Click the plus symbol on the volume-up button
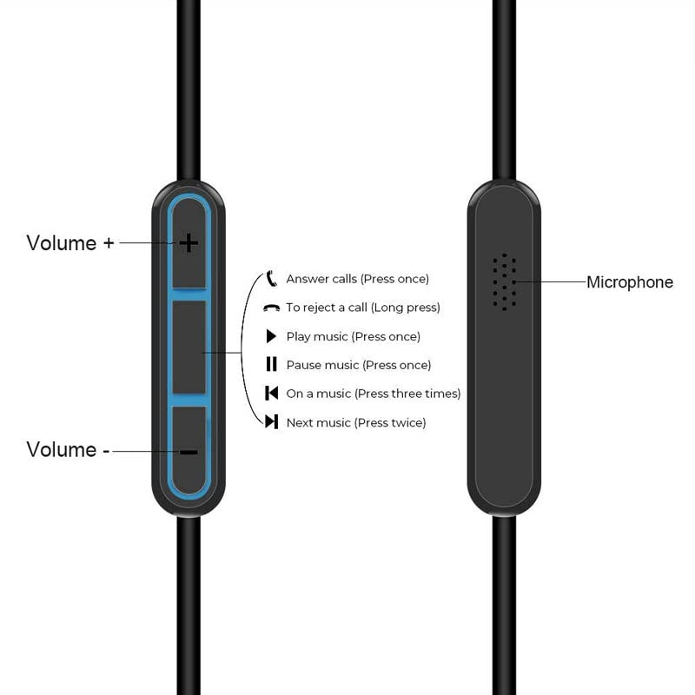tap(189, 243)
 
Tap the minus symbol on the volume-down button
tap(189, 453)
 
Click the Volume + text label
tap(69, 243)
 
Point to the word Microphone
tap(630, 282)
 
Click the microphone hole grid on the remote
tap(504, 282)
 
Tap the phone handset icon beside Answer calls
tap(271, 279)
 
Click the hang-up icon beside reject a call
tap(271, 308)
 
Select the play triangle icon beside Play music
tap(271, 336)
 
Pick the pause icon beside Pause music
tap(271, 365)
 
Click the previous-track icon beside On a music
tap(271, 394)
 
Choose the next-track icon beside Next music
tap(271, 422)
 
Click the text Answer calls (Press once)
tap(357, 279)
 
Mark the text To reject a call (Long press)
tap(363, 308)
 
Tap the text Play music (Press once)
tap(353, 336)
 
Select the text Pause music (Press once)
tap(358, 365)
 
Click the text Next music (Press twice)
tap(355, 422)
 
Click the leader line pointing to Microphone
tap(551, 282)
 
